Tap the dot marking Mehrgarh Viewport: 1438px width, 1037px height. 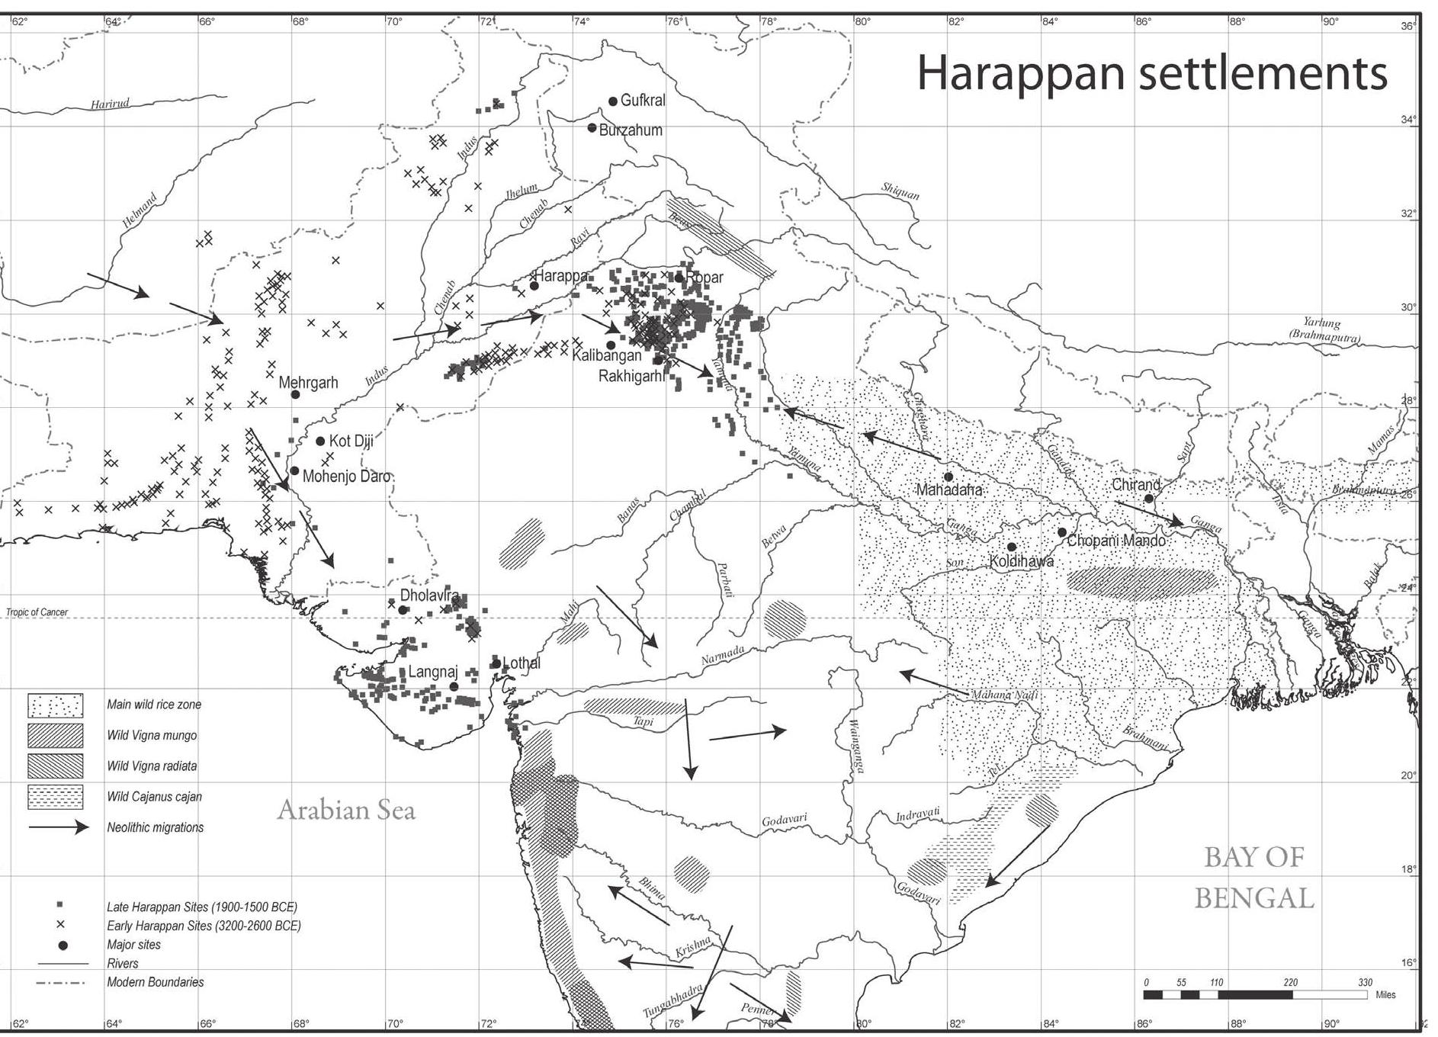click(x=296, y=394)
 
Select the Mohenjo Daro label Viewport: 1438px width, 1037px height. click(x=346, y=477)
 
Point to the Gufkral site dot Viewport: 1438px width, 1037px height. click(x=613, y=101)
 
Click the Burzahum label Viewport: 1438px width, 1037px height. click(x=631, y=130)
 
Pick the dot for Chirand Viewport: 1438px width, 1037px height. click(x=1149, y=499)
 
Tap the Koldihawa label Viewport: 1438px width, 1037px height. click(x=1021, y=561)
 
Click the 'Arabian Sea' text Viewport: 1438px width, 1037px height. click(x=346, y=810)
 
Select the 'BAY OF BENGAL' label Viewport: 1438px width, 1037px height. click(x=1254, y=878)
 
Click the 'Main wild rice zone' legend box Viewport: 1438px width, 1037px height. click(x=55, y=705)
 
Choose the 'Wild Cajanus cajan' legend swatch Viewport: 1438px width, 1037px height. click(x=55, y=797)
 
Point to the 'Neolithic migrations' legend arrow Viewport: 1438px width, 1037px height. click(x=59, y=827)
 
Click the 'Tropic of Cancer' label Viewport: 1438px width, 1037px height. click(x=37, y=612)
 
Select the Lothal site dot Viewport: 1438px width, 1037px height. click(x=496, y=663)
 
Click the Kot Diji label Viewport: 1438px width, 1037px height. click(x=351, y=441)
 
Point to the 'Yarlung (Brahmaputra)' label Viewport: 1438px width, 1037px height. click(x=1324, y=329)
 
